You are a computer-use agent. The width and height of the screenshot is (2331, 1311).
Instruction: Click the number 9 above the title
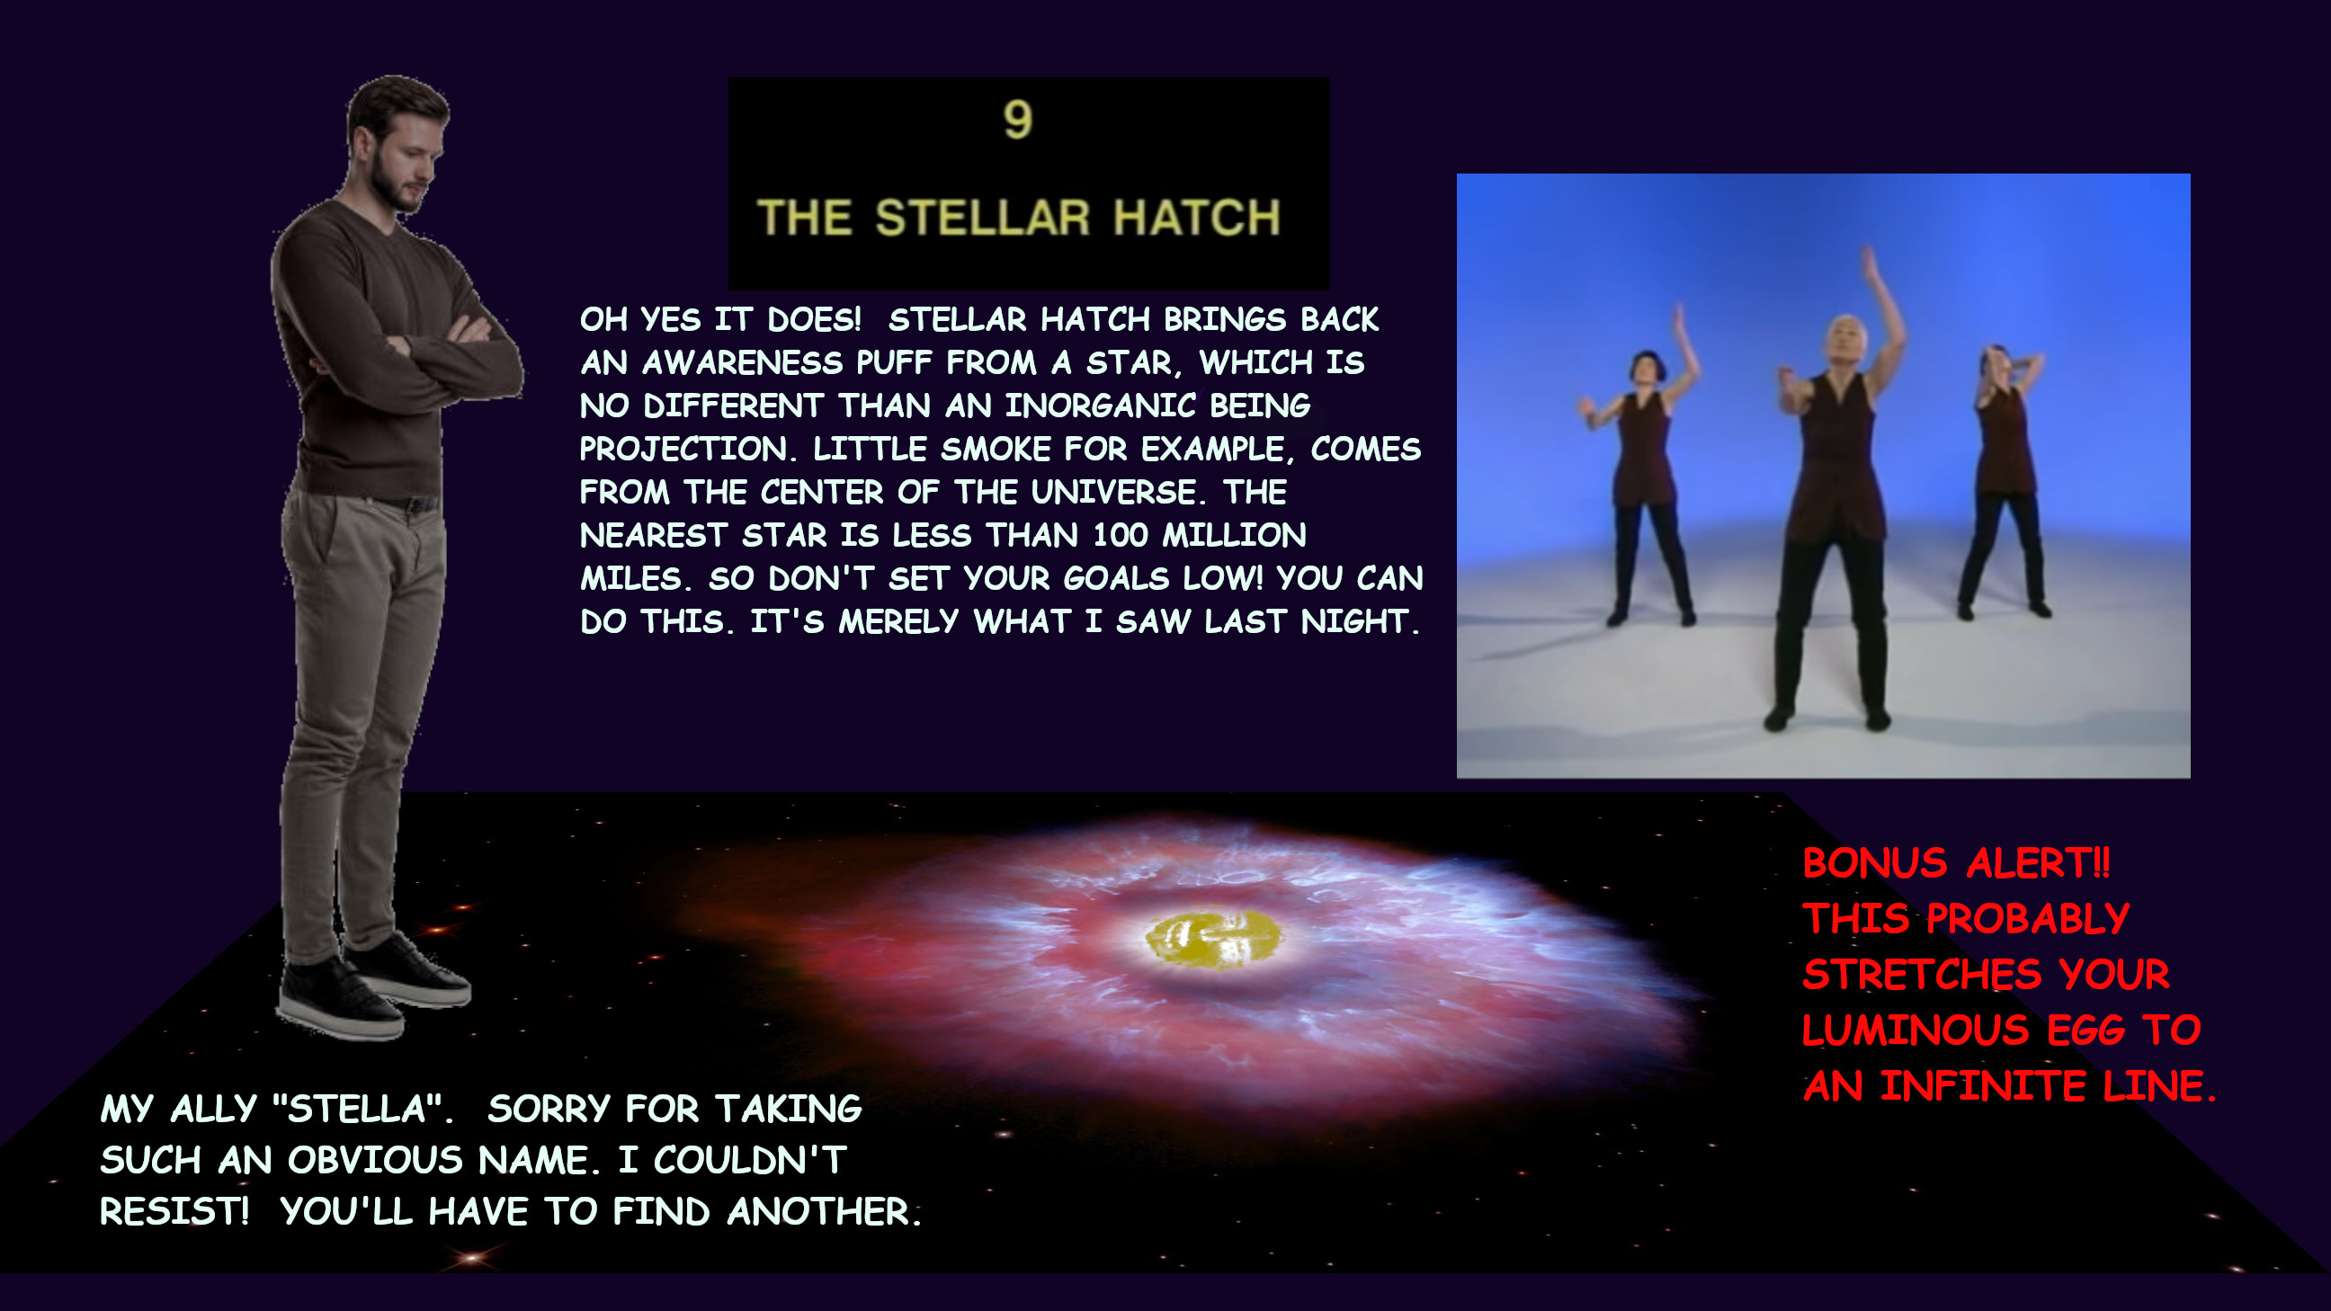(x=1017, y=120)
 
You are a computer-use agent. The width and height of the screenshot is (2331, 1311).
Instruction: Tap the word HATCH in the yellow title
(x=1196, y=218)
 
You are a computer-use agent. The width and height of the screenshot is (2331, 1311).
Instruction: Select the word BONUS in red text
(x=1874, y=863)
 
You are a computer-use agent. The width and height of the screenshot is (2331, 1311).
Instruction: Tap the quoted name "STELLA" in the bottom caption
(x=362, y=1110)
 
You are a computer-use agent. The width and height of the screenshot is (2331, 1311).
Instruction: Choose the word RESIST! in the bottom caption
(x=174, y=1211)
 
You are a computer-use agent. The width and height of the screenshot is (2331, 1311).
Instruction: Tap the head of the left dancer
(x=1646, y=368)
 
